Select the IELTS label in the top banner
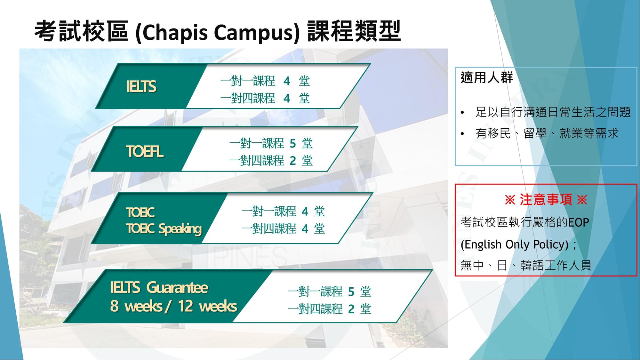coord(141,86)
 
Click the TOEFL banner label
coord(145,151)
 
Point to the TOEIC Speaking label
coord(164,229)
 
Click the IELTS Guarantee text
coord(159,287)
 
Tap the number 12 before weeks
coord(186,306)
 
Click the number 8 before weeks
coord(114,306)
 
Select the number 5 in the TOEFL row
coord(292,144)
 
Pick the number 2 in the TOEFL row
coord(292,161)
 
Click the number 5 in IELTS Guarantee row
coord(351,292)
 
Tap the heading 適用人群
coord(486,78)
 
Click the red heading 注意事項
coord(546,199)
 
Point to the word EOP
coord(578,222)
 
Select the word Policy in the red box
coord(551,244)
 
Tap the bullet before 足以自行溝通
coord(462,113)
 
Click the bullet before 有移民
coord(462,134)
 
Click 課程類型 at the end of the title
coord(354,31)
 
